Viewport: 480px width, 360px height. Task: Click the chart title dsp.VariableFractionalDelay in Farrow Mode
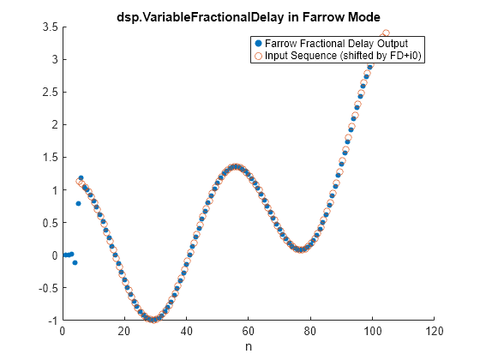tap(249, 17)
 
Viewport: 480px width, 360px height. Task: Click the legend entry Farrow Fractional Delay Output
tap(336, 44)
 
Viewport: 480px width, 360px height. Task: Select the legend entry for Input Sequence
tap(343, 56)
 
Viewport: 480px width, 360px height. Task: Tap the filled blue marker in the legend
tap(258, 44)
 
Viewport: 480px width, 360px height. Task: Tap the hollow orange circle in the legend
tap(258, 56)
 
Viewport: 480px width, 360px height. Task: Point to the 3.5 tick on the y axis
tap(51, 27)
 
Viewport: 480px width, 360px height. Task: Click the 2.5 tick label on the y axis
tap(51, 93)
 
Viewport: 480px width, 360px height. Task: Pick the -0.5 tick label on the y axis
tap(48, 288)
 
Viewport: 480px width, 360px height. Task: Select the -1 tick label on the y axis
tap(53, 321)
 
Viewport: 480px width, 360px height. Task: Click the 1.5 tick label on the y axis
tap(51, 158)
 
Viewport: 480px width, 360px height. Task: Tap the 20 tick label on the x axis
tap(124, 331)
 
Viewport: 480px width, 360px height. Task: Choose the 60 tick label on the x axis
tap(248, 331)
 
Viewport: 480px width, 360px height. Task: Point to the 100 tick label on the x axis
tap(372, 331)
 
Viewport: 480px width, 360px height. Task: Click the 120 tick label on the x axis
tap(434, 331)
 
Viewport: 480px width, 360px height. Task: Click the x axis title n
tap(249, 347)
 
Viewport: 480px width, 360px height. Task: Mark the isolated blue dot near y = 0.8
tap(78, 204)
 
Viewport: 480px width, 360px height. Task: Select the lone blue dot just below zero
tap(75, 262)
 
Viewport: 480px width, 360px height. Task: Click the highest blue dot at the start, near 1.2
tap(81, 178)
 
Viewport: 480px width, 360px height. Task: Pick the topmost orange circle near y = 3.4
tap(386, 33)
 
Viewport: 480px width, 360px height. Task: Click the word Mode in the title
tap(364, 17)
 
